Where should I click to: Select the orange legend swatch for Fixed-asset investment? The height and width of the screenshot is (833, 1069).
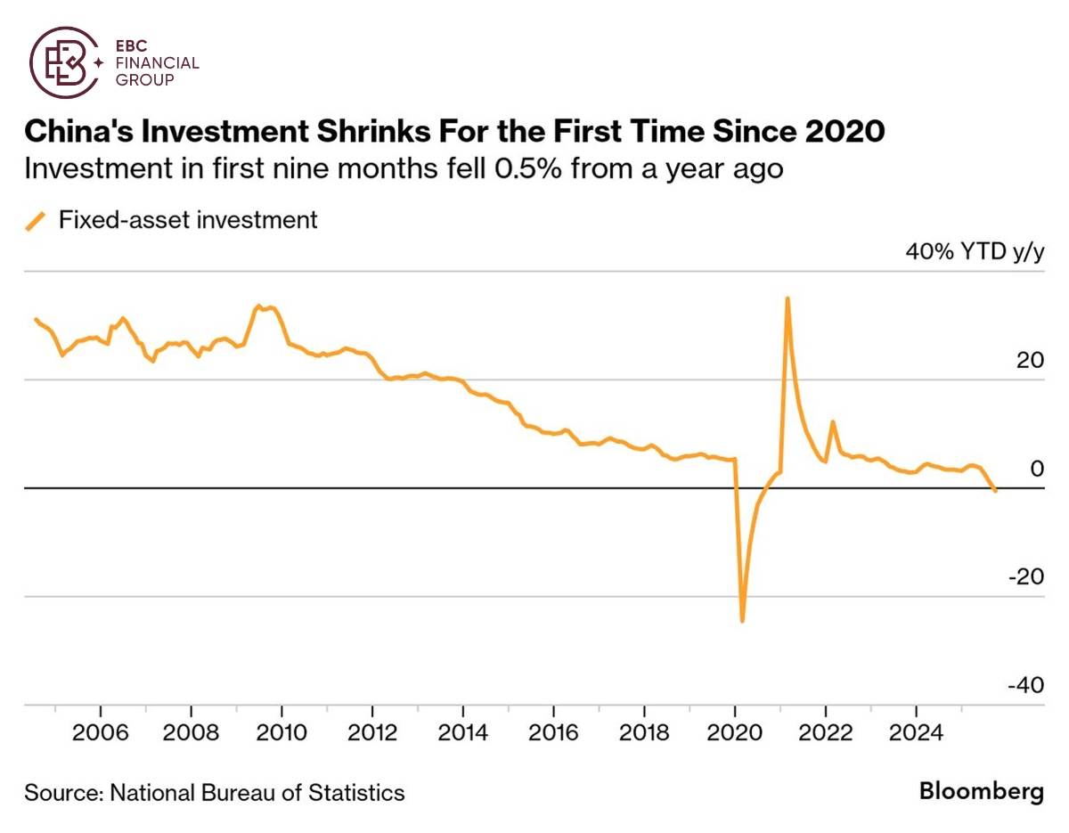(x=36, y=220)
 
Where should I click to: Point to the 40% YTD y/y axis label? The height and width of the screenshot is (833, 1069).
(x=974, y=252)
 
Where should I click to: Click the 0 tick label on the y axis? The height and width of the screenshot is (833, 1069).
(x=1036, y=469)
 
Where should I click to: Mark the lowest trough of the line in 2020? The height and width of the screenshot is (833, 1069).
(x=742, y=621)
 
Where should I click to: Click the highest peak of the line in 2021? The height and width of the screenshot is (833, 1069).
(x=787, y=298)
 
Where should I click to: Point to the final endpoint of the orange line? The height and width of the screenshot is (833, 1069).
(x=995, y=490)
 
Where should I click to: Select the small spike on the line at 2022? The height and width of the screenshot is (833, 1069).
(x=832, y=422)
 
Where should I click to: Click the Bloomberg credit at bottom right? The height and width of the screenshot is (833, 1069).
(x=981, y=791)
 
